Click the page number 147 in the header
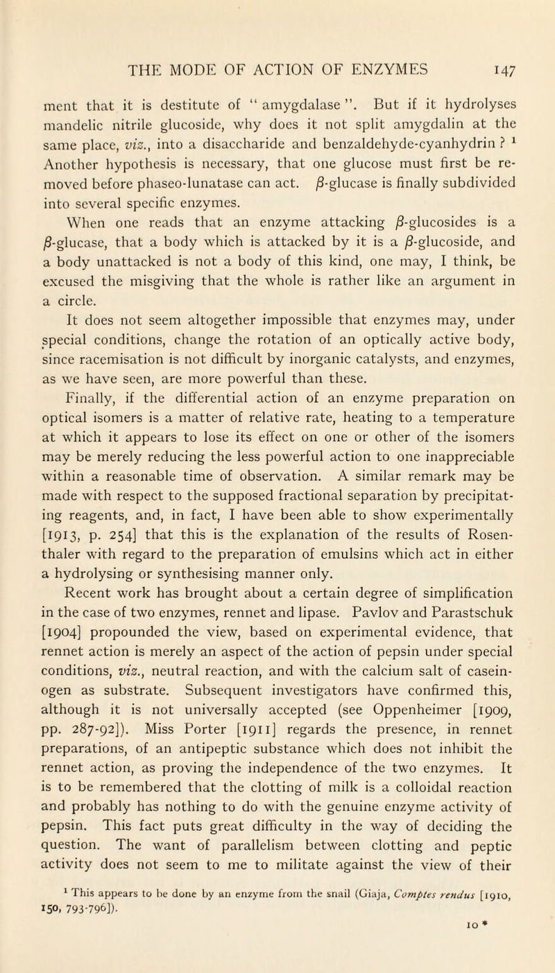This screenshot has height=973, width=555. point(527,67)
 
